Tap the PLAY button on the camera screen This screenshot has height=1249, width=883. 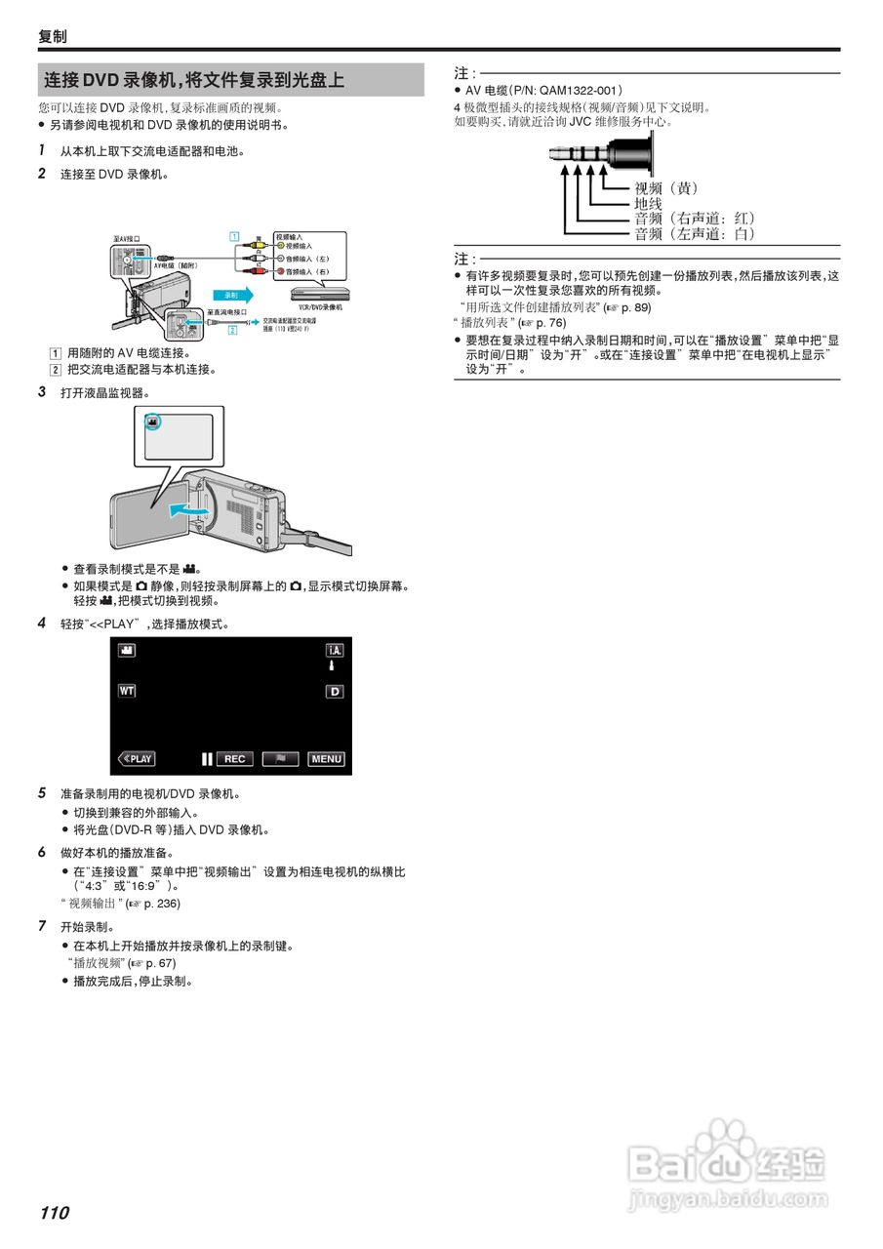(137, 759)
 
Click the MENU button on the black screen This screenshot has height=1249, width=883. (327, 759)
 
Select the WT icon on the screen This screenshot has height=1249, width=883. (127, 691)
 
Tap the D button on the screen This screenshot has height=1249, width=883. (335, 692)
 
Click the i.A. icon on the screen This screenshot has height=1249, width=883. (335, 650)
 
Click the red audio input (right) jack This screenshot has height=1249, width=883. (279, 271)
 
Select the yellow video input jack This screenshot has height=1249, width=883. (279, 247)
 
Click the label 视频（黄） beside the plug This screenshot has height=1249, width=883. (666, 187)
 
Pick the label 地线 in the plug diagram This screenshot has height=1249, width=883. (649, 203)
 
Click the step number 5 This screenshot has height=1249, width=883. (42, 793)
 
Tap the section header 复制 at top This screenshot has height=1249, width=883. (53, 36)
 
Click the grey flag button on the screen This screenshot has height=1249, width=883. (280, 759)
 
